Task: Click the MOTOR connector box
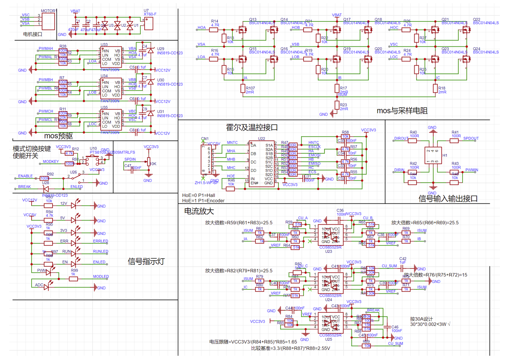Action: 48,21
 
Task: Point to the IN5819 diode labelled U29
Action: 150,50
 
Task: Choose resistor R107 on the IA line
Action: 243,89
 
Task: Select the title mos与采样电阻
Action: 402,110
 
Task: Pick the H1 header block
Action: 433,156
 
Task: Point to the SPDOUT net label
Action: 470,138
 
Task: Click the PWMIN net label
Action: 471,170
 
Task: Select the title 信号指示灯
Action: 146,261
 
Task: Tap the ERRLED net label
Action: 101,241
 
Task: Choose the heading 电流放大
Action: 199,211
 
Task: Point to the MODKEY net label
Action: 51,162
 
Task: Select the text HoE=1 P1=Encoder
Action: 203,200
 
